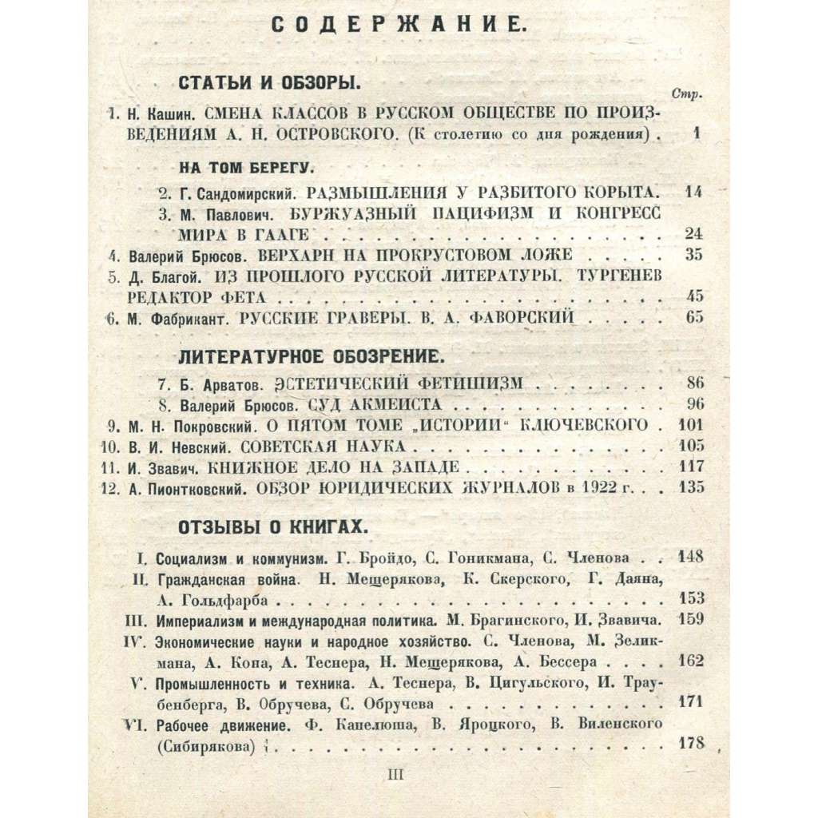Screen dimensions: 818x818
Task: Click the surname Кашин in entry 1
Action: (162, 113)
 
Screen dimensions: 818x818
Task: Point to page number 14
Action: (693, 193)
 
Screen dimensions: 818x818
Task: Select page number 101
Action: (690, 424)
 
